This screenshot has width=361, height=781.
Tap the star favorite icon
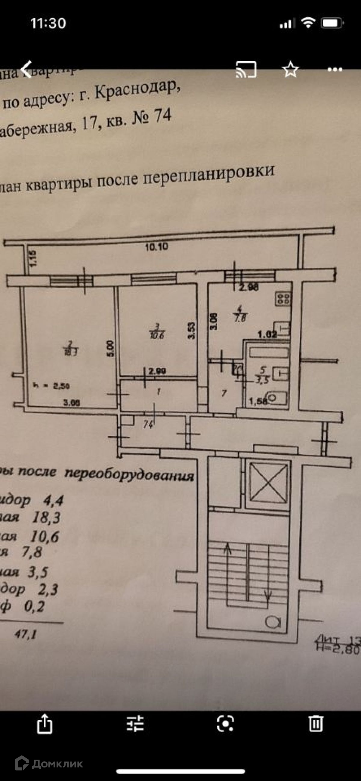tap(290, 70)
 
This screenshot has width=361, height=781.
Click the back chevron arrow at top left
tap(27, 70)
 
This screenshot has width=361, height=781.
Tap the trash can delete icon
tap(316, 724)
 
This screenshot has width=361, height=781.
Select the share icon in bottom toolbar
tap(45, 723)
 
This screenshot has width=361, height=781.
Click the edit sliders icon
tap(135, 724)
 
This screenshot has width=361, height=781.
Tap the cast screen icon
tap(246, 70)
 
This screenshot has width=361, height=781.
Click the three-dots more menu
tap(335, 70)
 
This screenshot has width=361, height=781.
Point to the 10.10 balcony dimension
tap(156, 247)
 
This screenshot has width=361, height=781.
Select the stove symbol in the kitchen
tap(283, 299)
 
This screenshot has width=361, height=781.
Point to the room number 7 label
tap(224, 393)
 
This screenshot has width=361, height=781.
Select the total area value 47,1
tap(26, 634)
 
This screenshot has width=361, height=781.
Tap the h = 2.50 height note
tap(52, 386)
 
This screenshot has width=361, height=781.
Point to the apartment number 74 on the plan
tap(148, 424)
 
